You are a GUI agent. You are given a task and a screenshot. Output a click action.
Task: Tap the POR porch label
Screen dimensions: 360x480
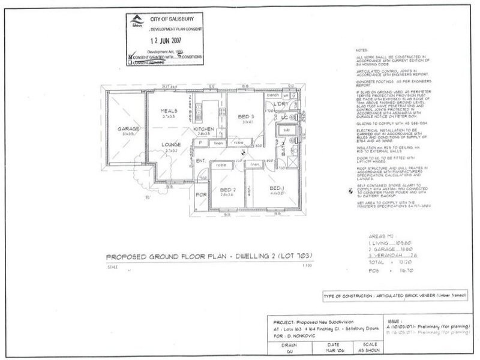pos(202,195)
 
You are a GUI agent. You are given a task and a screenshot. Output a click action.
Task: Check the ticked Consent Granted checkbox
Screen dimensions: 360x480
pos(130,58)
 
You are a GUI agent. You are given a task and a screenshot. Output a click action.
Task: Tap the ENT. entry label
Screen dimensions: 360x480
pos(200,160)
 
